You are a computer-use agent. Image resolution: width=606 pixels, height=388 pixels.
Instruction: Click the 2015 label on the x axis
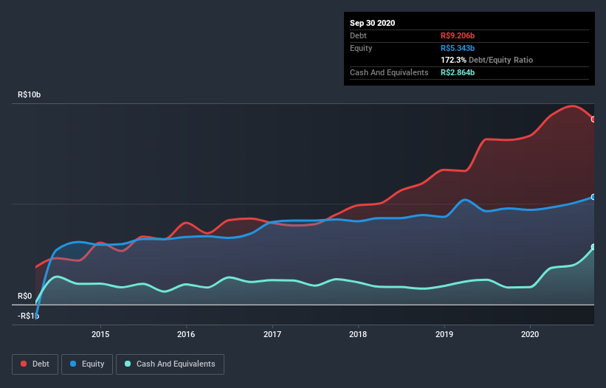(100, 333)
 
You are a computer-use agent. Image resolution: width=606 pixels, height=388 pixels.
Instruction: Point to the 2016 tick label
(187, 333)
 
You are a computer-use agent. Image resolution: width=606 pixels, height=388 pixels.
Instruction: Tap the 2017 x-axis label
(272, 333)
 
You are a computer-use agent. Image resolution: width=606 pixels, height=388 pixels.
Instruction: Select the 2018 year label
(359, 333)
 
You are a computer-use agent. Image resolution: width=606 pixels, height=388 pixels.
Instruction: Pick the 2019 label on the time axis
(444, 333)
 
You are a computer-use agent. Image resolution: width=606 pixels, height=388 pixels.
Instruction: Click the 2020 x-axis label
(531, 333)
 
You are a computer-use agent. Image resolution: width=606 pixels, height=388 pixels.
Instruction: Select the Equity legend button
(87, 364)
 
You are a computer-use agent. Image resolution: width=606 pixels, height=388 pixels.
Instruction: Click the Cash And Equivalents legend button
(170, 364)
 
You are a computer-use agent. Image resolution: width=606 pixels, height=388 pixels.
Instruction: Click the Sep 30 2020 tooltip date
(372, 23)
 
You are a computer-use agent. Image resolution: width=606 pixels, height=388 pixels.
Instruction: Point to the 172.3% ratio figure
(453, 60)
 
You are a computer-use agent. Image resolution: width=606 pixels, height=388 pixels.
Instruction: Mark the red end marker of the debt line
(593, 119)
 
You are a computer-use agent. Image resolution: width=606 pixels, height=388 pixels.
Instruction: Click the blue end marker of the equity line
(593, 197)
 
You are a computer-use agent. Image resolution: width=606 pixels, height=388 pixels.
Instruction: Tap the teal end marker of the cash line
(593, 247)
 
